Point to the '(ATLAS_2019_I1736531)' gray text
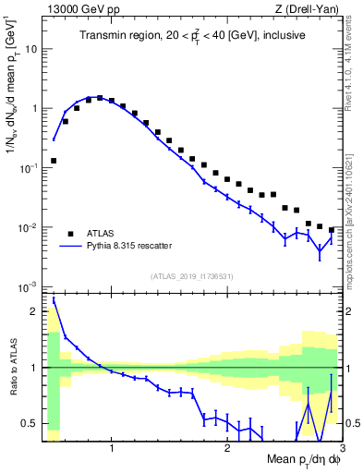[x=192, y=276]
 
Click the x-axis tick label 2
[x=227, y=449]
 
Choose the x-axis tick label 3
[x=342, y=449]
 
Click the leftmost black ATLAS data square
[x=54, y=160]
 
